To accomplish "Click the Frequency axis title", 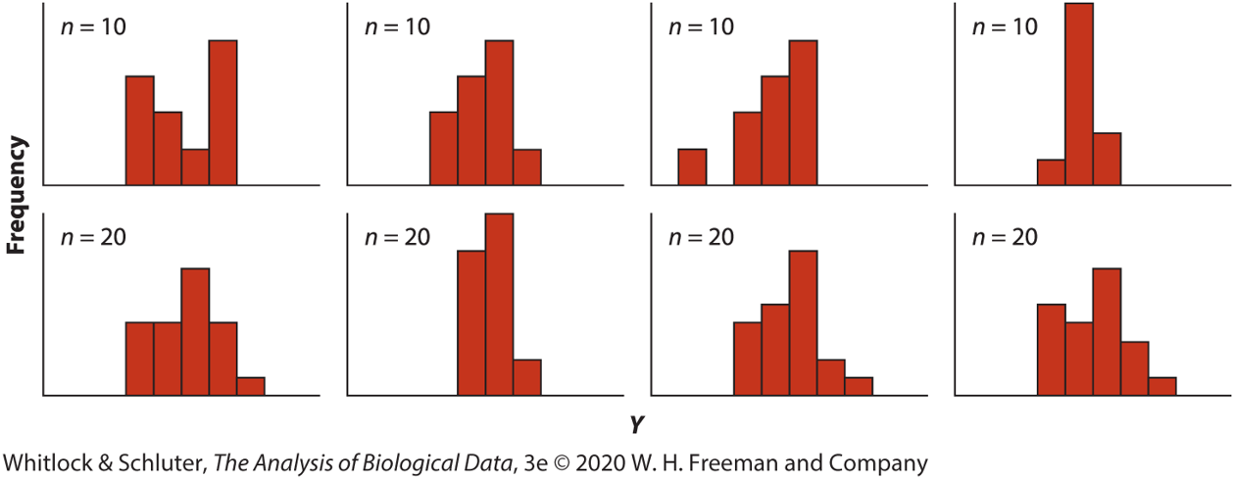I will [x=17, y=195].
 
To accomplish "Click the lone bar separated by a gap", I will [x=692, y=167].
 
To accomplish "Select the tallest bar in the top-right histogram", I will [x=1078, y=94].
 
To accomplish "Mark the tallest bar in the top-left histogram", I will [x=222, y=112].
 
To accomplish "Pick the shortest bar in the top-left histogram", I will [x=195, y=167].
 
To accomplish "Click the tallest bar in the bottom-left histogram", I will [x=195, y=331].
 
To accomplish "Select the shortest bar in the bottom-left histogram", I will [x=250, y=386].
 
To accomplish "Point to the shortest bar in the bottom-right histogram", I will [x=1161, y=386].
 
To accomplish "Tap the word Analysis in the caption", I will [x=292, y=461].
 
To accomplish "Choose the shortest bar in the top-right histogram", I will [x=1051, y=171].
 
